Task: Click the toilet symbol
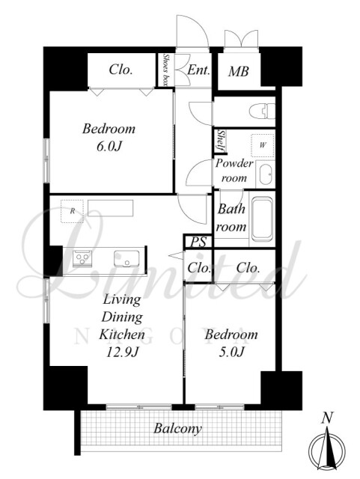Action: click(262, 111)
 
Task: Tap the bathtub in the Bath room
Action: click(262, 218)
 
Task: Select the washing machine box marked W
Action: click(263, 145)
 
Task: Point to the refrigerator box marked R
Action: click(72, 211)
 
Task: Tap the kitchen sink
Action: click(126, 259)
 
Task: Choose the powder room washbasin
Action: click(265, 174)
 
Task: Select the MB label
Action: click(238, 72)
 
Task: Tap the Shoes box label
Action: click(166, 70)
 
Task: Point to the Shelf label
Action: click(222, 141)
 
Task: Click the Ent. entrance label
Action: click(198, 70)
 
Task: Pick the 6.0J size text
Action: click(109, 147)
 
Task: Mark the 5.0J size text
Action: click(231, 352)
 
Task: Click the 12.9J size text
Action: click(122, 353)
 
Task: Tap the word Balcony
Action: click(177, 428)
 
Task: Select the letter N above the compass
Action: click(327, 418)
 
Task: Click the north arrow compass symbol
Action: click(327, 450)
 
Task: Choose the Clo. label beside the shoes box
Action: click(120, 70)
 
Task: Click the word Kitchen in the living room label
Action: click(122, 335)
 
